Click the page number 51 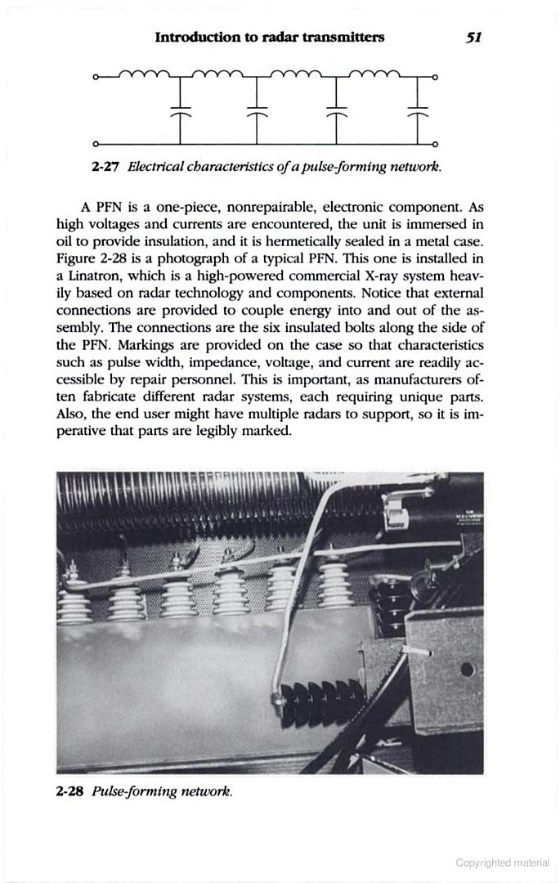click(x=473, y=37)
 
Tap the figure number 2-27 click(x=106, y=167)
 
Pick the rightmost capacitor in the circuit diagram click(x=419, y=112)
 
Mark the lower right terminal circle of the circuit click(x=435, y=143)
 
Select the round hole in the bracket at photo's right click(x=467, y=670)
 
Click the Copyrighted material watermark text click(x=503, y=863)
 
